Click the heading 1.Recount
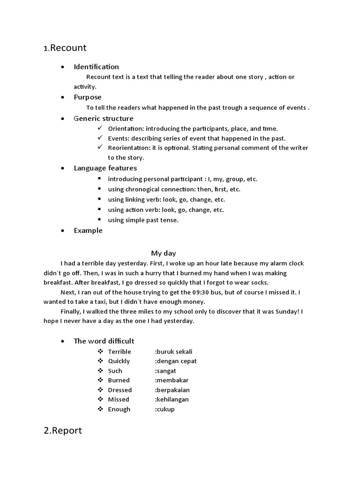(65, 48)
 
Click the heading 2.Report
(63, 430)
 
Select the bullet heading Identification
(96, 67)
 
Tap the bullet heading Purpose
(88, 97)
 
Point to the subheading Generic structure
(104, 119)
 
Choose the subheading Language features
(105, 168)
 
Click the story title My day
(163, 253)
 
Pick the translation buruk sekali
(173, 352)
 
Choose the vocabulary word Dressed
(120, 390)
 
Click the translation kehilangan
(172, 399)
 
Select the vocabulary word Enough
(119, 409)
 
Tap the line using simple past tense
(143, 220)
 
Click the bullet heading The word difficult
(104, 341)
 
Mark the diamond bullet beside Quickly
(100, 361)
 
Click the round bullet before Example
(63, 231)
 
